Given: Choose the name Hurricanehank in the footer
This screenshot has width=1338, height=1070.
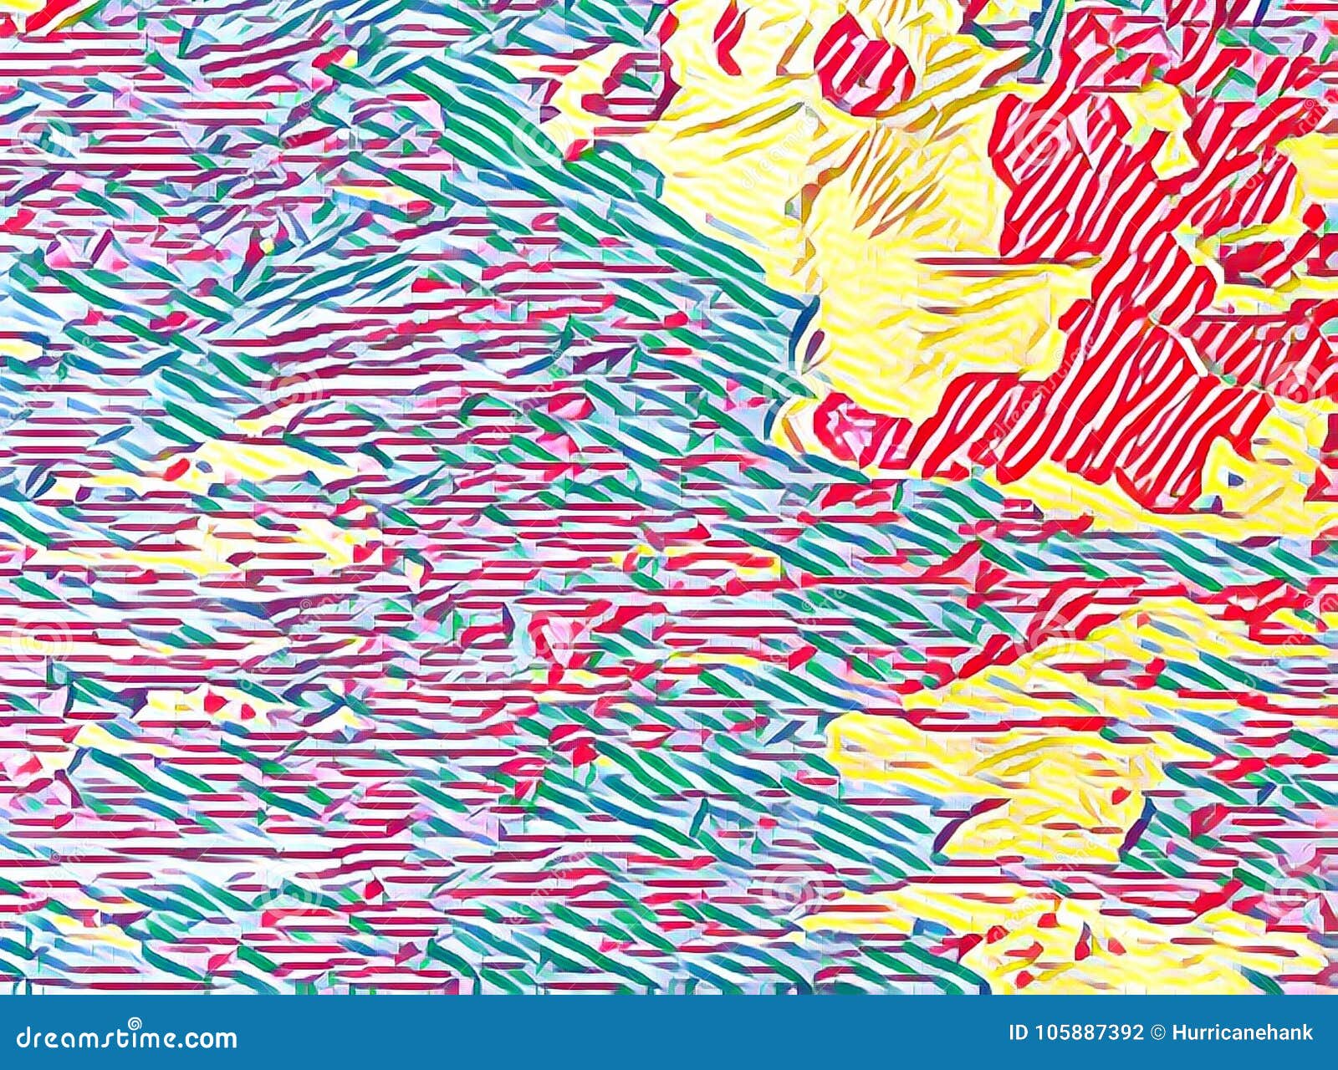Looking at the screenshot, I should (x=1242, y=1034).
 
